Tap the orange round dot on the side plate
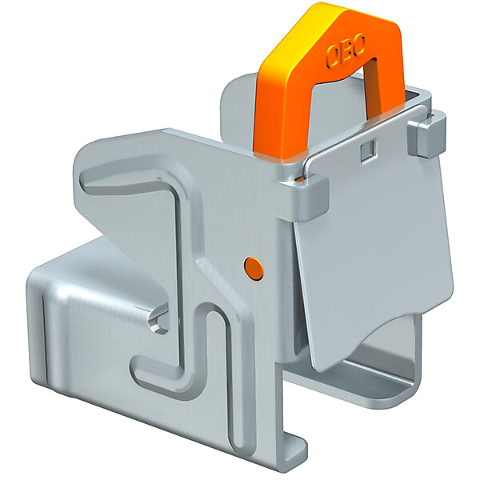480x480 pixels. (x=254, y=269)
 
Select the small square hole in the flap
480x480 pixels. (x=367, y=150)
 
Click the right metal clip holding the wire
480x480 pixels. (x=426, y=134)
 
